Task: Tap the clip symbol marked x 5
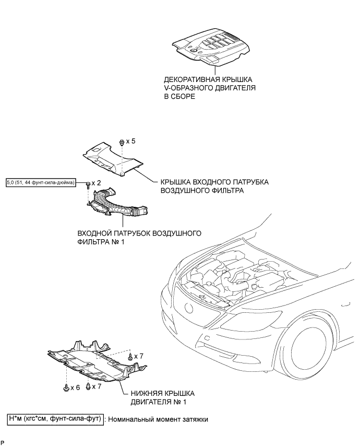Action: [x=122, y=142]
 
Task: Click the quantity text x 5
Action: [x=131, y=142]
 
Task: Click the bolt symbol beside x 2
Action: [x=88, y=184]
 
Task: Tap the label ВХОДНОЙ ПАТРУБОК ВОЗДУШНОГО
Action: [x=139, y=233]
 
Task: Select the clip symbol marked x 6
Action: [x=66, y=388]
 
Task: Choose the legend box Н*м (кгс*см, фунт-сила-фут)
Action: [x=55, y=418]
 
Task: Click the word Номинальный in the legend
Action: [x=134, y=418]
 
